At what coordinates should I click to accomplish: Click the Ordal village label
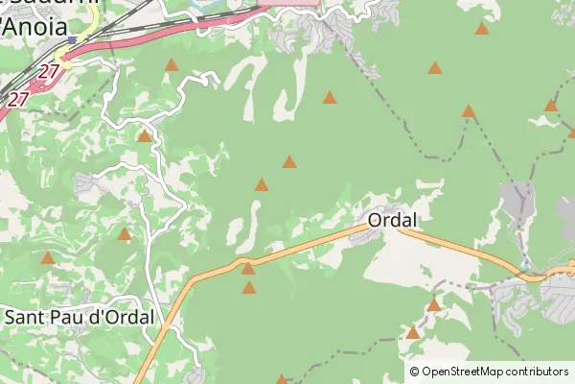392,220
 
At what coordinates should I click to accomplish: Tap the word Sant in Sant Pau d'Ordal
25,316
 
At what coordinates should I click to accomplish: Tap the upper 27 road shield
50,71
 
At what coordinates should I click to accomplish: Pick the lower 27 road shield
18,98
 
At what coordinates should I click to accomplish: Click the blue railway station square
72,40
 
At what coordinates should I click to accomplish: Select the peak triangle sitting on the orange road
247,268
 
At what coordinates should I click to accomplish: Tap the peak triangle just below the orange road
249,287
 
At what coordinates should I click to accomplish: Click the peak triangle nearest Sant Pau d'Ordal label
48,258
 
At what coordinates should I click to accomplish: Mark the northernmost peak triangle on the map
482,29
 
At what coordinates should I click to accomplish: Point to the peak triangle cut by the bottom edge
282,379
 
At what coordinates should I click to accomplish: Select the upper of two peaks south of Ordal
433,305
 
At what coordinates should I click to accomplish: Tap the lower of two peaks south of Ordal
412,332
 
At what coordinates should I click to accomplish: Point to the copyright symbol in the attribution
414,372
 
